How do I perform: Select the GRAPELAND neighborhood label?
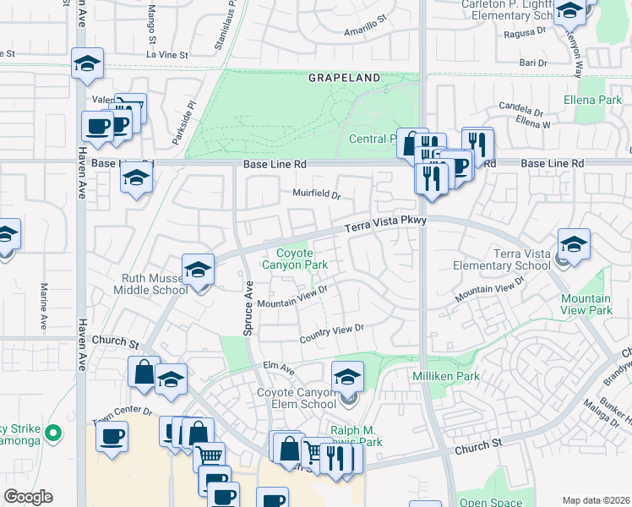[x=344, y=78]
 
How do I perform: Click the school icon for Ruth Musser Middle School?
[x=199, y=270]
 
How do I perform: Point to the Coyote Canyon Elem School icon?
[x=347, y=377]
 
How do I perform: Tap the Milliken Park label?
[x=446, y=376]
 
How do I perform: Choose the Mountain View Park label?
[x=586, y=304]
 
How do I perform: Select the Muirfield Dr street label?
[x=316, y=194]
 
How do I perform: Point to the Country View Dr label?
[x=332, y=333]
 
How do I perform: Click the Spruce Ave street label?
[x=248, y=308]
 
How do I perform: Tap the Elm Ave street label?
[x=278, y=369]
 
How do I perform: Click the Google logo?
[x=28, y=496]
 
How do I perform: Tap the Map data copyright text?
[x=595, y=500]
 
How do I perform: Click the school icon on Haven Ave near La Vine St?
[x=87, y=64]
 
